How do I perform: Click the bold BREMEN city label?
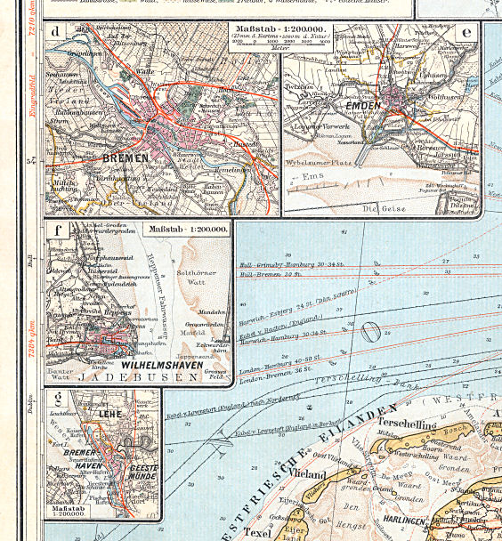(x=126, y=160)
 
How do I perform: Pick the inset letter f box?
(x=59, y=231)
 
